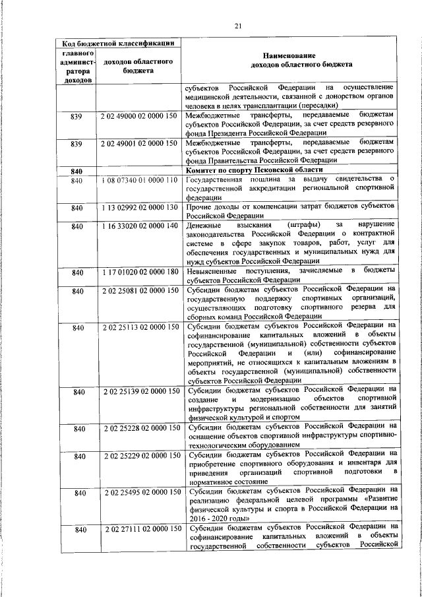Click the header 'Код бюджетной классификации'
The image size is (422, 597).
point(117,43)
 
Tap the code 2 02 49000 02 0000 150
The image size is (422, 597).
point(140,116)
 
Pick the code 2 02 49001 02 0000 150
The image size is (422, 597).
point(140,142)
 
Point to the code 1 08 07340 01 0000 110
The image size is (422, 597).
point(140,179)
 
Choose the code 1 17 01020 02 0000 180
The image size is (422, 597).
point(140,272)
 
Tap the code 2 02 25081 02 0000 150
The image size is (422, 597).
point(140,290)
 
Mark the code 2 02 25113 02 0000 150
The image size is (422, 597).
point(140,326)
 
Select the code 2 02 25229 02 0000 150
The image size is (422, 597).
point(140,455)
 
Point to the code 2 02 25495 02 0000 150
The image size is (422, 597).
point(140,492)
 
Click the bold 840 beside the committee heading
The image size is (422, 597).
point(76,171)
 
